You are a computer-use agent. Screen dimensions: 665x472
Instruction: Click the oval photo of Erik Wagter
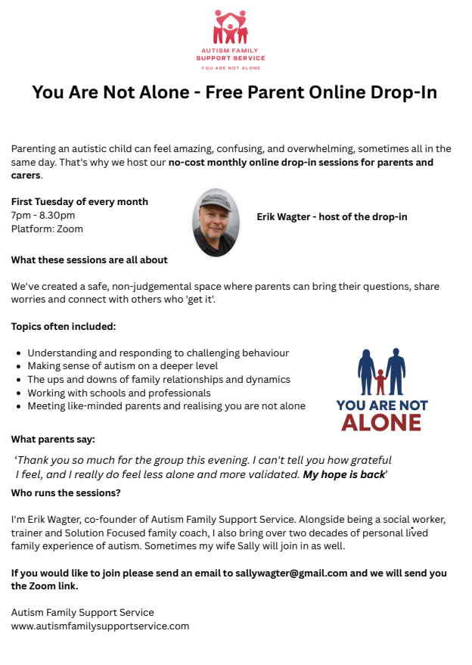point(216,222)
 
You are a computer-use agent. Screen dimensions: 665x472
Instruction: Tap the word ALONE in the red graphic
point(381,421)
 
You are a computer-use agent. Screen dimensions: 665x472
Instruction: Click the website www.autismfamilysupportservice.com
point(100,626)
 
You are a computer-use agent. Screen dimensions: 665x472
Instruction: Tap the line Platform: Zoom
point(47,228)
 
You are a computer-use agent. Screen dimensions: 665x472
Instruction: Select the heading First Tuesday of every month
point(79,202)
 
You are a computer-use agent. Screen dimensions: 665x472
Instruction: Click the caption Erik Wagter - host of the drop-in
point(331,216)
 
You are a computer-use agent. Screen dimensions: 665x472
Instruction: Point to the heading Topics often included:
point(64,326)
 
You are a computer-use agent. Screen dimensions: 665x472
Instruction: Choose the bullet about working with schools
point(119,393)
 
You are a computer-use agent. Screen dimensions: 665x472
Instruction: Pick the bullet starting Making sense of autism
point(123,366)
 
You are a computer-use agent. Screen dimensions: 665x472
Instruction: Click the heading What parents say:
point(53,440)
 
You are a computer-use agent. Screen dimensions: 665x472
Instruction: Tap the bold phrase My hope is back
point(343,474)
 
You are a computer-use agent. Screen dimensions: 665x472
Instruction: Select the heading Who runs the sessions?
point(66,493)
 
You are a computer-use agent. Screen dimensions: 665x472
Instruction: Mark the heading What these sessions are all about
point(89,259)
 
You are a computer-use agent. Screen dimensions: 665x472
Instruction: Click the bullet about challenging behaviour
point(158,353)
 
